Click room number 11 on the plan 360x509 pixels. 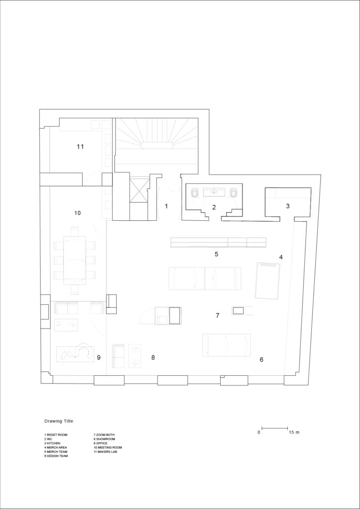pyautogui.click(x=80, y=147)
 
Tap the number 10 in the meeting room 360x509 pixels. pyautogui.click(x=77, y=213)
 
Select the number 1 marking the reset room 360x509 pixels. pyautogui.click(x=166, y=206)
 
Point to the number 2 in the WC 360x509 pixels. pyautogui.click(x=214, y=207)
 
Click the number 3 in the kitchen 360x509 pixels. pyautogui.click(x=287, y=206)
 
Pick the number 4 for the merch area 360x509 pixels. pyautogui.click(x=281, y=257)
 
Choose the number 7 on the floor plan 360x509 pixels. pyautogui.click(x=217, y=315)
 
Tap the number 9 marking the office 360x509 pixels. pyautogui.click(x=98, y=357)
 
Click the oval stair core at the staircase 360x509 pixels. pyautogui.click(x=157, y=146)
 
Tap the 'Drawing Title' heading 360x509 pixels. pyautogui.click(x=59, y=421)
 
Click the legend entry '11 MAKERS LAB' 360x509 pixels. pyautogui.click(x=105, y=451)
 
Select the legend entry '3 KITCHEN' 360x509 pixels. pyautogui.click(x=52, y=443)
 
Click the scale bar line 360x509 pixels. pyautogui.click(x=274, y=428)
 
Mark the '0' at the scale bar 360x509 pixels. pyautogui.click(x=259, y=432)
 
